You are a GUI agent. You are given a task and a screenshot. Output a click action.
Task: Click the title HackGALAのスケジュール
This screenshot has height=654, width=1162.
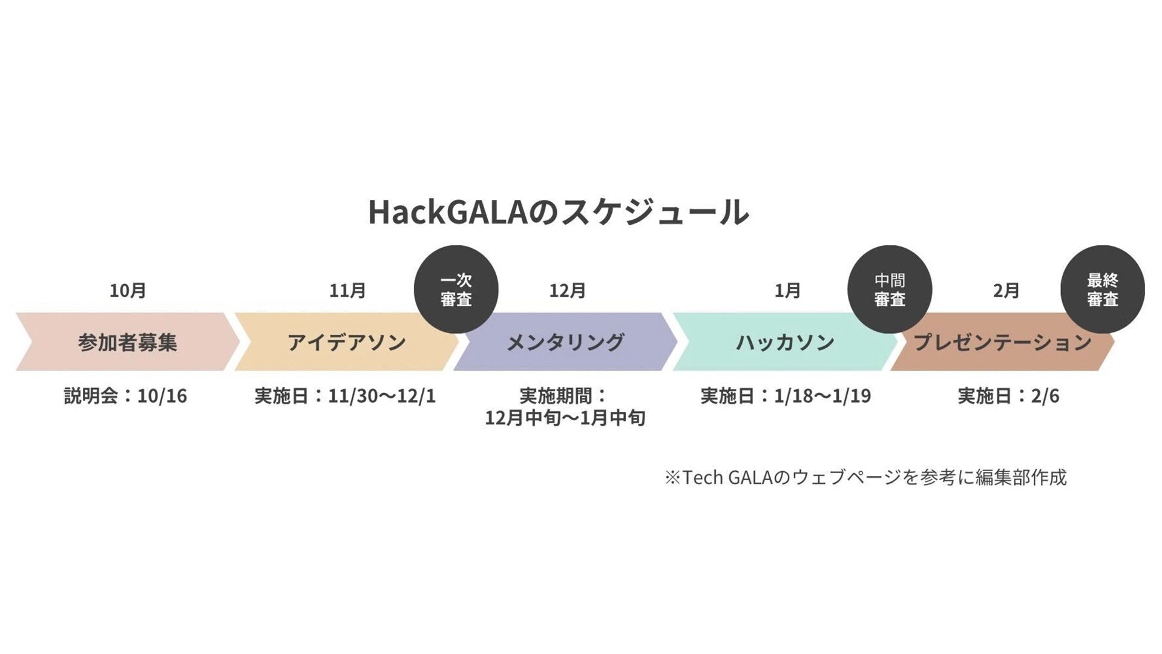coord(559,212)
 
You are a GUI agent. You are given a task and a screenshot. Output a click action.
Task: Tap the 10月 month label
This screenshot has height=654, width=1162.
coord(128,291)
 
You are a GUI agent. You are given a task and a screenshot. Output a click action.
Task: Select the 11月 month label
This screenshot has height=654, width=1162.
coord(347,291)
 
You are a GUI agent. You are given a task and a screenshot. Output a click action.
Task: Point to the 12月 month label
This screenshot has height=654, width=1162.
coord(567,291)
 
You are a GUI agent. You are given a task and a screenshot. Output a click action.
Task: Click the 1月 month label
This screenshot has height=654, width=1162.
coord(787,291)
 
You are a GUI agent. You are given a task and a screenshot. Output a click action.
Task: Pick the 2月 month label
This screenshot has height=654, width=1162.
coord(1006,291)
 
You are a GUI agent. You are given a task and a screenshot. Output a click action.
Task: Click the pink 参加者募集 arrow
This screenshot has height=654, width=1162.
coord(128,342)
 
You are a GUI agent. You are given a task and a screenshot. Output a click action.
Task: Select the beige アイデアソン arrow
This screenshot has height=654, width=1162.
coord(347,342)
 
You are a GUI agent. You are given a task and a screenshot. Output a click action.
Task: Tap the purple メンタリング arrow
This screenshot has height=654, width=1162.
coord(566,342)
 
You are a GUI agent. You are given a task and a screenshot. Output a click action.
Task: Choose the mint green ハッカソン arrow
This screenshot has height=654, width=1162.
coord(785,342)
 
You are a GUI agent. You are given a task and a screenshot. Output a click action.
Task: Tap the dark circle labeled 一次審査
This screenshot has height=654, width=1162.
coord(456,289)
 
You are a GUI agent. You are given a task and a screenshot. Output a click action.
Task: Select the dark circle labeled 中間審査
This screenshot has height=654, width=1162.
coord(890,289)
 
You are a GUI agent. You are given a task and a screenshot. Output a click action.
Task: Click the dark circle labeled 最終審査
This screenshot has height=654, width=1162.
coord(1103,289)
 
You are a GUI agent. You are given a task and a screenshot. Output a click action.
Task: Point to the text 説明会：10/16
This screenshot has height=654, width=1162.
coord(126,396)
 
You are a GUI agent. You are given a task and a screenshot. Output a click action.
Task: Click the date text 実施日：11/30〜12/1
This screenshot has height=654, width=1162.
coord(345,396)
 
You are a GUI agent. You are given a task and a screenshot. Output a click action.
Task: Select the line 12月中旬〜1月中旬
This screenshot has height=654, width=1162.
coord(565,418)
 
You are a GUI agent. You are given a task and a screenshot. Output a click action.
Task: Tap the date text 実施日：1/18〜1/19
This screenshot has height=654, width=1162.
coord(786,396)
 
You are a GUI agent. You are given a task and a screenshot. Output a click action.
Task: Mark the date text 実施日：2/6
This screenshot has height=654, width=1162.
coord(1008,396)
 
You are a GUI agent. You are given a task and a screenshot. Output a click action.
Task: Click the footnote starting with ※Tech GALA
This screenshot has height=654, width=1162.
coord(865,478)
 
